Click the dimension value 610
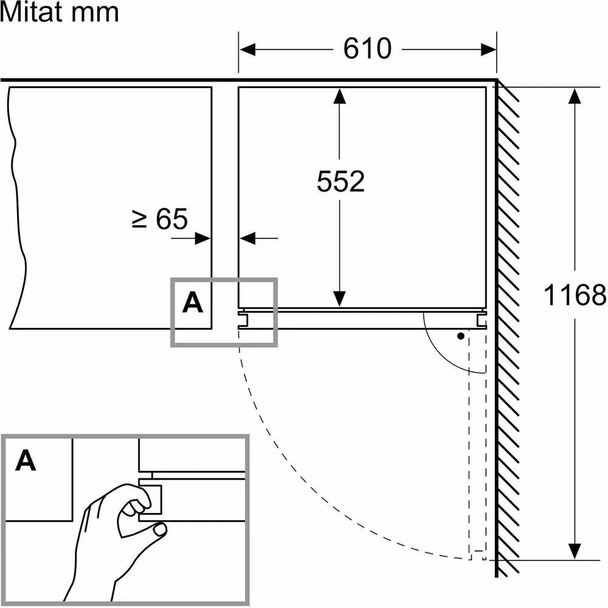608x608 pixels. point(367,49)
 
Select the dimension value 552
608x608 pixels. point(340,181)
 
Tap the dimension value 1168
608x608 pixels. point(575,295)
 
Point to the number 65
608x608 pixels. point(171,219)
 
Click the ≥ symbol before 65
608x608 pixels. point(140,219)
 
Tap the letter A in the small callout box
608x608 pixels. point(193,303)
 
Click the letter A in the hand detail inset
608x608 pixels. point(26,461)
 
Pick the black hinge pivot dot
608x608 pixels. point(461,336)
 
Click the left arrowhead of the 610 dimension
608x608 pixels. point(247,50)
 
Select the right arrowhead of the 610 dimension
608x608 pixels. point(489,50)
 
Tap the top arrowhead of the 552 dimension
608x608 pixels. point(339,96)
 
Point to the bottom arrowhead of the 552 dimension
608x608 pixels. point(339,299)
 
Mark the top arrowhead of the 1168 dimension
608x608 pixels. point(575,96)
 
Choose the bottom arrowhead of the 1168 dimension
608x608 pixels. point(575,551)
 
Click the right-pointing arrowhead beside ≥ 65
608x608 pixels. point(203,238)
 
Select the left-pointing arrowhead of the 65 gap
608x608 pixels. point(247,238)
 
